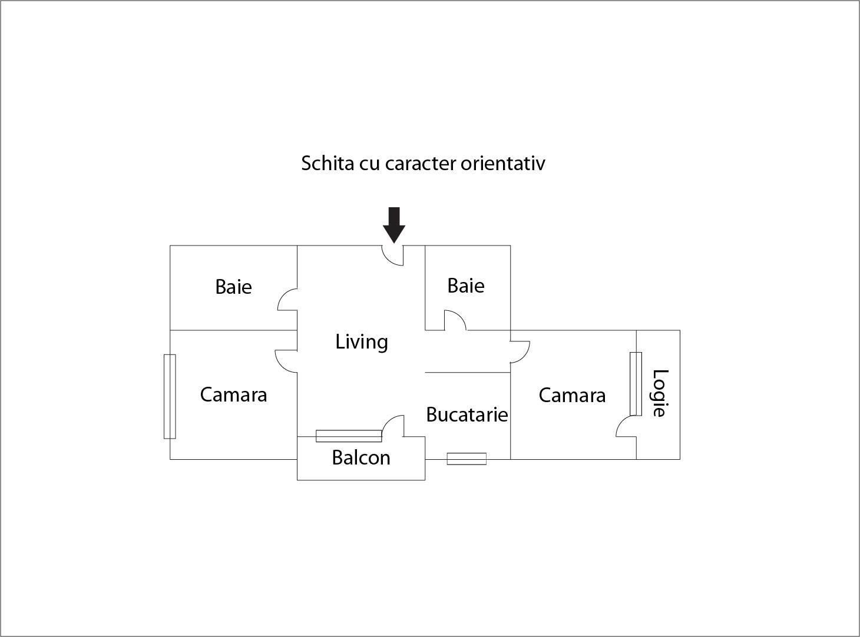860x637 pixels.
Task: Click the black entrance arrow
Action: click(394, 225)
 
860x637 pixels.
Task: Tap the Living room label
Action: click(361, 343)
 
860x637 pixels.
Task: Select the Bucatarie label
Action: click(467, 414)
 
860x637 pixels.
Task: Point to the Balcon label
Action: click(361, 457)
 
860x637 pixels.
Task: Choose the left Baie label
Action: click(233, 287)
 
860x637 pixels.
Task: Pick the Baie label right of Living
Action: click(466, 286)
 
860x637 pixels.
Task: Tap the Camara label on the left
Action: click(233, 394)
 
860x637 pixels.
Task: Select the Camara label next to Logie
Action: click(572, 396)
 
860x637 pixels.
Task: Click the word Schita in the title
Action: click(328, 163)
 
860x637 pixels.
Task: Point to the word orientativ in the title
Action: click(502, 163)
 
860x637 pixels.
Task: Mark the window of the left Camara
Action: click(170, 396)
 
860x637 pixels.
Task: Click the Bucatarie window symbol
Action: click(467, 459)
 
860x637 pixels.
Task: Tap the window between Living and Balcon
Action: click(349, 436)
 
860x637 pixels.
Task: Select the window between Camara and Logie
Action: click(636, 384)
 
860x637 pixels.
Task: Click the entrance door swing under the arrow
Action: click(392, 256)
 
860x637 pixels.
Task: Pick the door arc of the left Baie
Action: click(287, 299)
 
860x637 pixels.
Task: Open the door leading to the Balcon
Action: click(393, 426)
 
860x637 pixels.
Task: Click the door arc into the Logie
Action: click(626, 426)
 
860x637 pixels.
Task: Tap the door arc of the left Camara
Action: click(286, 361)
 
